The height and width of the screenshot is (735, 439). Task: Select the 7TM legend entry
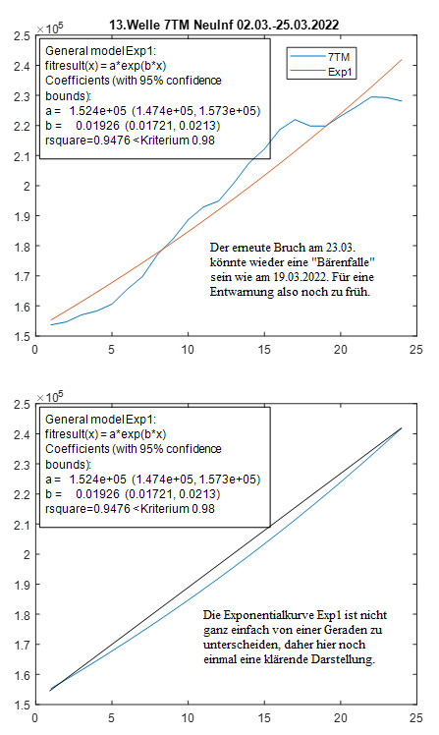coord(321,57)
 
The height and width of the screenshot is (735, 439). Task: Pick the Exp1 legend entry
coord(321,72)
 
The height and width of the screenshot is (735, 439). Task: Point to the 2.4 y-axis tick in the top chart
coord(22,66)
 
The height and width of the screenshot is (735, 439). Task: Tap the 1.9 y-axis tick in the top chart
coord(22,216)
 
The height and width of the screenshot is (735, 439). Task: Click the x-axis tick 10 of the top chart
coord(188,350)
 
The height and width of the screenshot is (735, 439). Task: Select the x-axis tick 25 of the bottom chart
coord(416,718)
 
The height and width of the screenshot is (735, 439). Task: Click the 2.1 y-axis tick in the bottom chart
coord(22,525)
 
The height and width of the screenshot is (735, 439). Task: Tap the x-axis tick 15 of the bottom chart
coord(264,718)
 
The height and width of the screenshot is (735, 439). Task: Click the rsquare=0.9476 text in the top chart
coord(87,141)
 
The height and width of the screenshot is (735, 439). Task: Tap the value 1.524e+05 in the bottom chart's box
coord(98,480)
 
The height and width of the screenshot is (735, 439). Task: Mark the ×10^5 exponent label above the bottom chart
coord(50,397)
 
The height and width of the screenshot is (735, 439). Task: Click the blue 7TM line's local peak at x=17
coord(296,120)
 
